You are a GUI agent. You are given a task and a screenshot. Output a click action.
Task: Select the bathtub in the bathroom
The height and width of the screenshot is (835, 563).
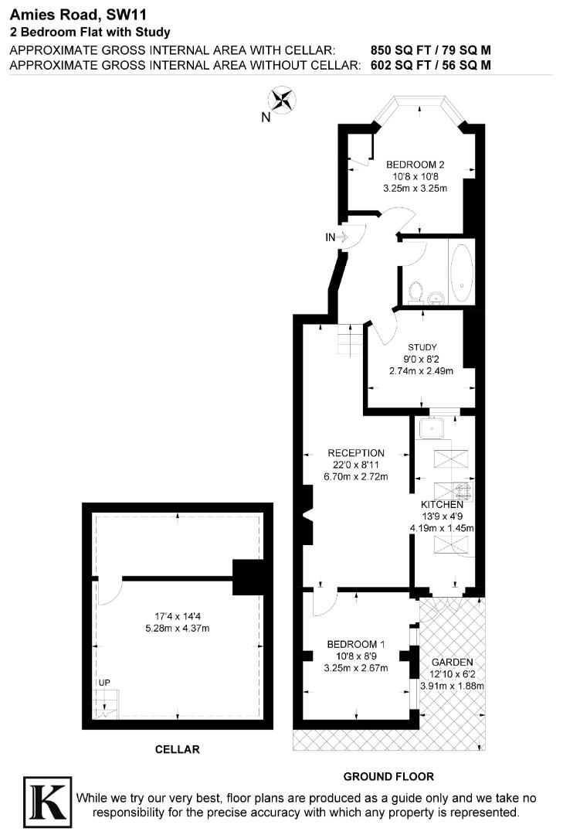(461, 273)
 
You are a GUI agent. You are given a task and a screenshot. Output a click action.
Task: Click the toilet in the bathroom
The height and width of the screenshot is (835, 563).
(417, 291)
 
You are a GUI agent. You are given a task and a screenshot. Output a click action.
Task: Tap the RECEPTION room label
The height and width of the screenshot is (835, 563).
(355, 453)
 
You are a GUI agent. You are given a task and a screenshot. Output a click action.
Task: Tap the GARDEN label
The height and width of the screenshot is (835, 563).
(452, 663)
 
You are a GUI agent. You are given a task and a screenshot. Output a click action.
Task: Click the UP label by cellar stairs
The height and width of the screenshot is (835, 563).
(103, 683)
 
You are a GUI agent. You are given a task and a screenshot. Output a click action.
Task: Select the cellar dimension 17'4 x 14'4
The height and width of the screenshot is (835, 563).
(178, 616)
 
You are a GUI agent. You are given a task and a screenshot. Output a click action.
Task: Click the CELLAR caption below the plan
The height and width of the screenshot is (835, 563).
(177, 749)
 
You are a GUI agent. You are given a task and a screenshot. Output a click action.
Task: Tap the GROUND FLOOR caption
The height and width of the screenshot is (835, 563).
(388, 776)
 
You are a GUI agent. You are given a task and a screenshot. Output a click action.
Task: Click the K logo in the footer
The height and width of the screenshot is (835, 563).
(48, 799)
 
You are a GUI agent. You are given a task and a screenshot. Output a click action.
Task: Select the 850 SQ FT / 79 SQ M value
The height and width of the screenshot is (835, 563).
(431, 50)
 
